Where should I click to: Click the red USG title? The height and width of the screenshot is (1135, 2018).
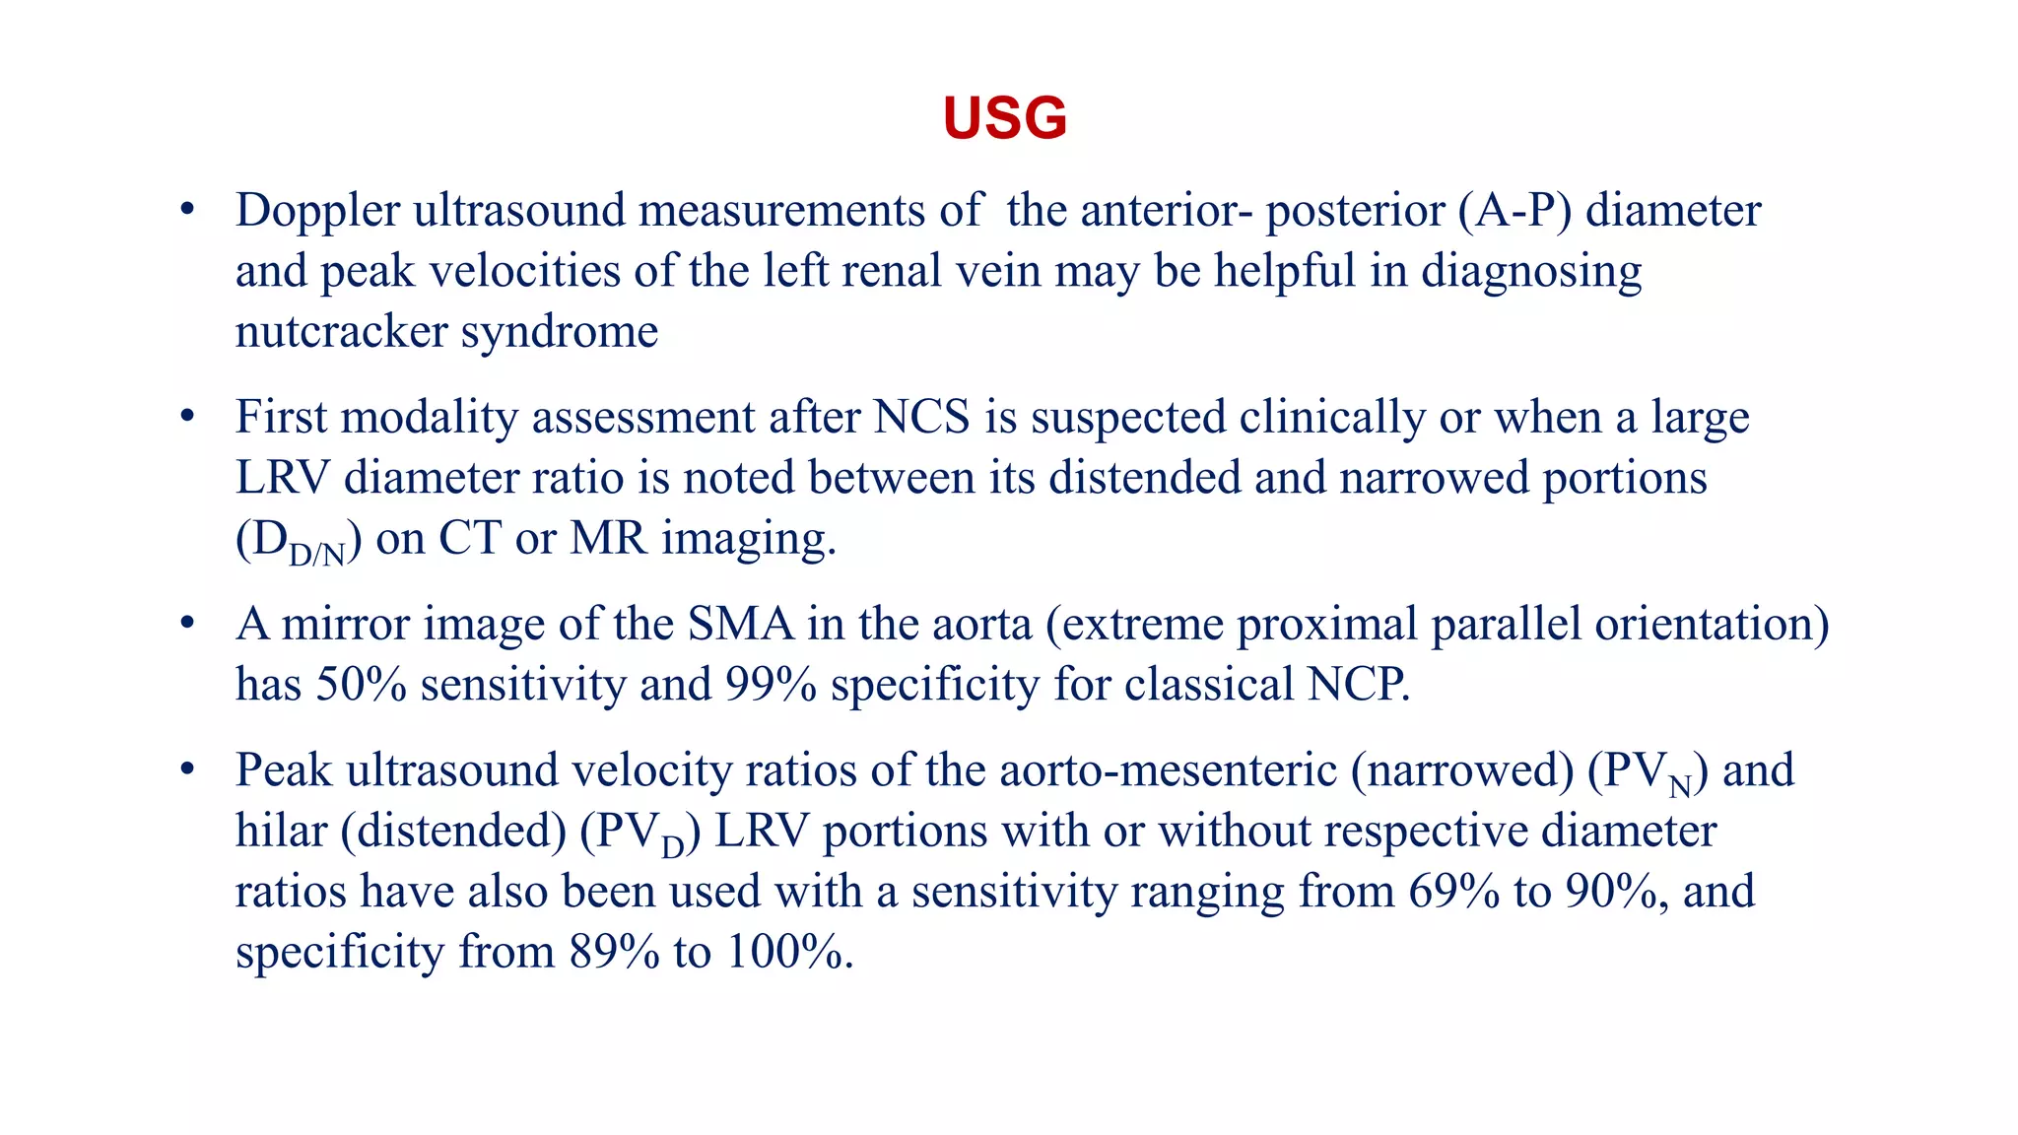pos(1004,119)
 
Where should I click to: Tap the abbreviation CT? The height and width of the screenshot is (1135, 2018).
pos(469,539)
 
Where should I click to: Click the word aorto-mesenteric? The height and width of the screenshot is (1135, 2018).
pos(1168,770)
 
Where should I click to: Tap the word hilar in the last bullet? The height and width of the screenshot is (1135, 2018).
pos(281,832)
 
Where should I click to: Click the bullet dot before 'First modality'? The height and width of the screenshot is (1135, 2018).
pos(187,418)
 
